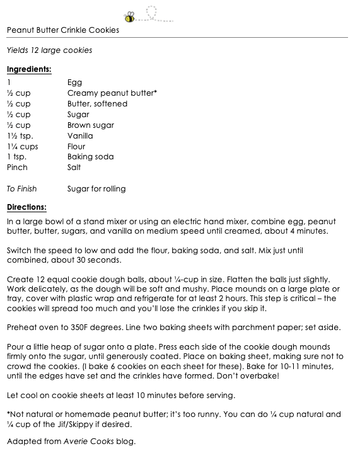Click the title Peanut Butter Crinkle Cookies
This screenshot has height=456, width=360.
click(x=62, y=30)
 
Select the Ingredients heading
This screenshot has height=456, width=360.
click(x=29, y=69)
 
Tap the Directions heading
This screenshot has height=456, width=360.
click(x=26, y=207)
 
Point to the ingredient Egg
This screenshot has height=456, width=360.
click(x=74, y=83)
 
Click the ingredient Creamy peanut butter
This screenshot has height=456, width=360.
click(x=112, y=93)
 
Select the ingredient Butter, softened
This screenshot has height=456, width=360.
click(x=97, y=104)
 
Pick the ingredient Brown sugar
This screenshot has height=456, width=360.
click(x=90, y=125)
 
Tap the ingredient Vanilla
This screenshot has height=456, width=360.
click(x=80, y=136)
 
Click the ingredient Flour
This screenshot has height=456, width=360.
click(x=76, y=147)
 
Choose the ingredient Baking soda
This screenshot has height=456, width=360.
click(x=90, y=157)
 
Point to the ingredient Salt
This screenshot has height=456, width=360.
click(x=74, y=168)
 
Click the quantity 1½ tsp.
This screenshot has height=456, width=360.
click(x=20, y=136)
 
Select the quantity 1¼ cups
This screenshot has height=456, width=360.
click(x=22, y=147)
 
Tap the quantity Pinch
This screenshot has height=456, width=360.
click(x=17, y=168)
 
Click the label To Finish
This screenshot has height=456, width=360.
click(x=21, y=188)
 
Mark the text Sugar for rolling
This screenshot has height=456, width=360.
click(x=96, y=188)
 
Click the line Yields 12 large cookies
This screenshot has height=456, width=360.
click(x=49, y=50)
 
